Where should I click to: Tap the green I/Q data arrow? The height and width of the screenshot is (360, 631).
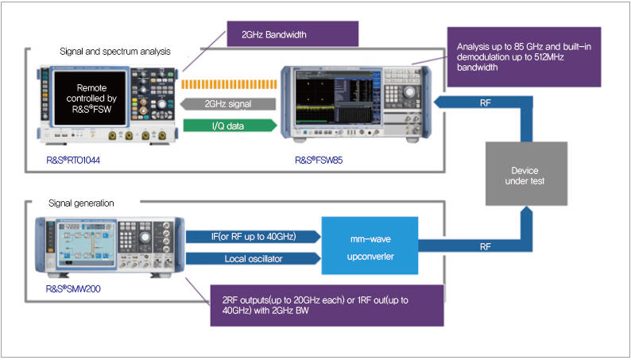pos(229,125)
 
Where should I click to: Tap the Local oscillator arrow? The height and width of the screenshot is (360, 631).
pos(253,258)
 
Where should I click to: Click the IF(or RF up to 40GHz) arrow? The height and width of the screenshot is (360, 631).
pos(253,235)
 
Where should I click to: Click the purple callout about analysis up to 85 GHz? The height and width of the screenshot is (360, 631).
pos(522,56)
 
